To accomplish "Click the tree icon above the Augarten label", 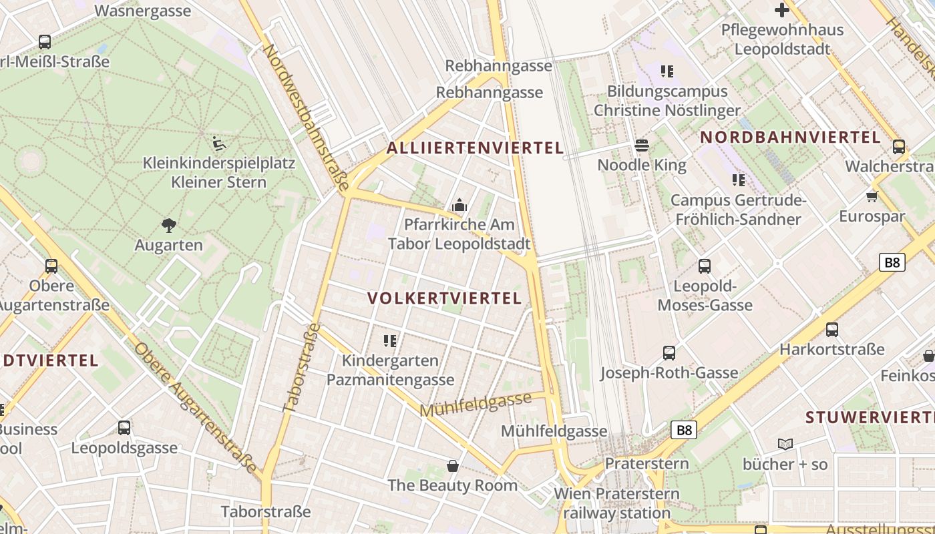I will coord(169,226).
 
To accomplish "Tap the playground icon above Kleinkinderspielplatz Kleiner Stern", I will coord(218,144).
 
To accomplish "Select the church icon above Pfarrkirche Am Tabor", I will coord(459,205).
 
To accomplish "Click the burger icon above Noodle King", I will coord(642,145).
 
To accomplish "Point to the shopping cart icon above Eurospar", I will coord(872,196).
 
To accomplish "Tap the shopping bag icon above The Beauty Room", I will coord(453,465).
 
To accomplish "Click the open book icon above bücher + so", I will coord(785,444).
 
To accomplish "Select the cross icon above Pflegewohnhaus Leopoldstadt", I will coord(782,10).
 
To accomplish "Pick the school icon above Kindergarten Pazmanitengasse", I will coord(390,341).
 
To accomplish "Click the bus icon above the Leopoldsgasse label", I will coord(124,428).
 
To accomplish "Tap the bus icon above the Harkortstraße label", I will coord(831,329).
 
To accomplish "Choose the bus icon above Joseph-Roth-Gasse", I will coord(669,352).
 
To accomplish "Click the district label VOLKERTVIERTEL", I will coord(445,298).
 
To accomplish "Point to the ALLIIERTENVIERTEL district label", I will coord(475,148).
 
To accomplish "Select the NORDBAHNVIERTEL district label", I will coord(791,138).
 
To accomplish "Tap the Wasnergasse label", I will coord(143,11).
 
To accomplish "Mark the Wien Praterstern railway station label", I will coord(616,503).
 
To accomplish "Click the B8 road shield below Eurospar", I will coord(892,262).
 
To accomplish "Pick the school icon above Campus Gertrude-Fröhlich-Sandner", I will coord(738,180).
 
